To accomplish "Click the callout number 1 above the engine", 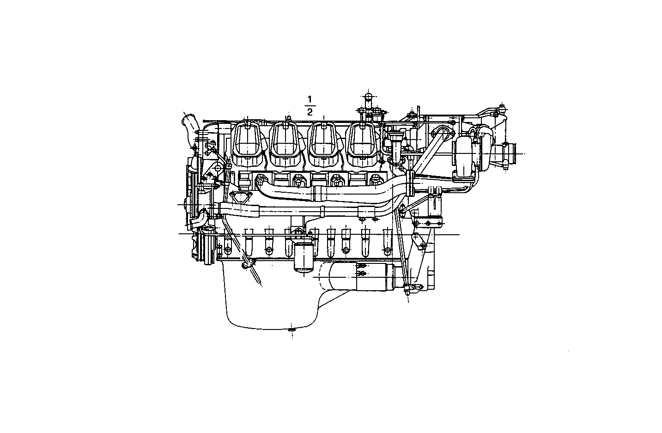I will click(310, 99).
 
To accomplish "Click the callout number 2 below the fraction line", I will click(310, 112).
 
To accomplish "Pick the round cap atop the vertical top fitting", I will click(368, 97).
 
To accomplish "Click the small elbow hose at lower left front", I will click(198, 218).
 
